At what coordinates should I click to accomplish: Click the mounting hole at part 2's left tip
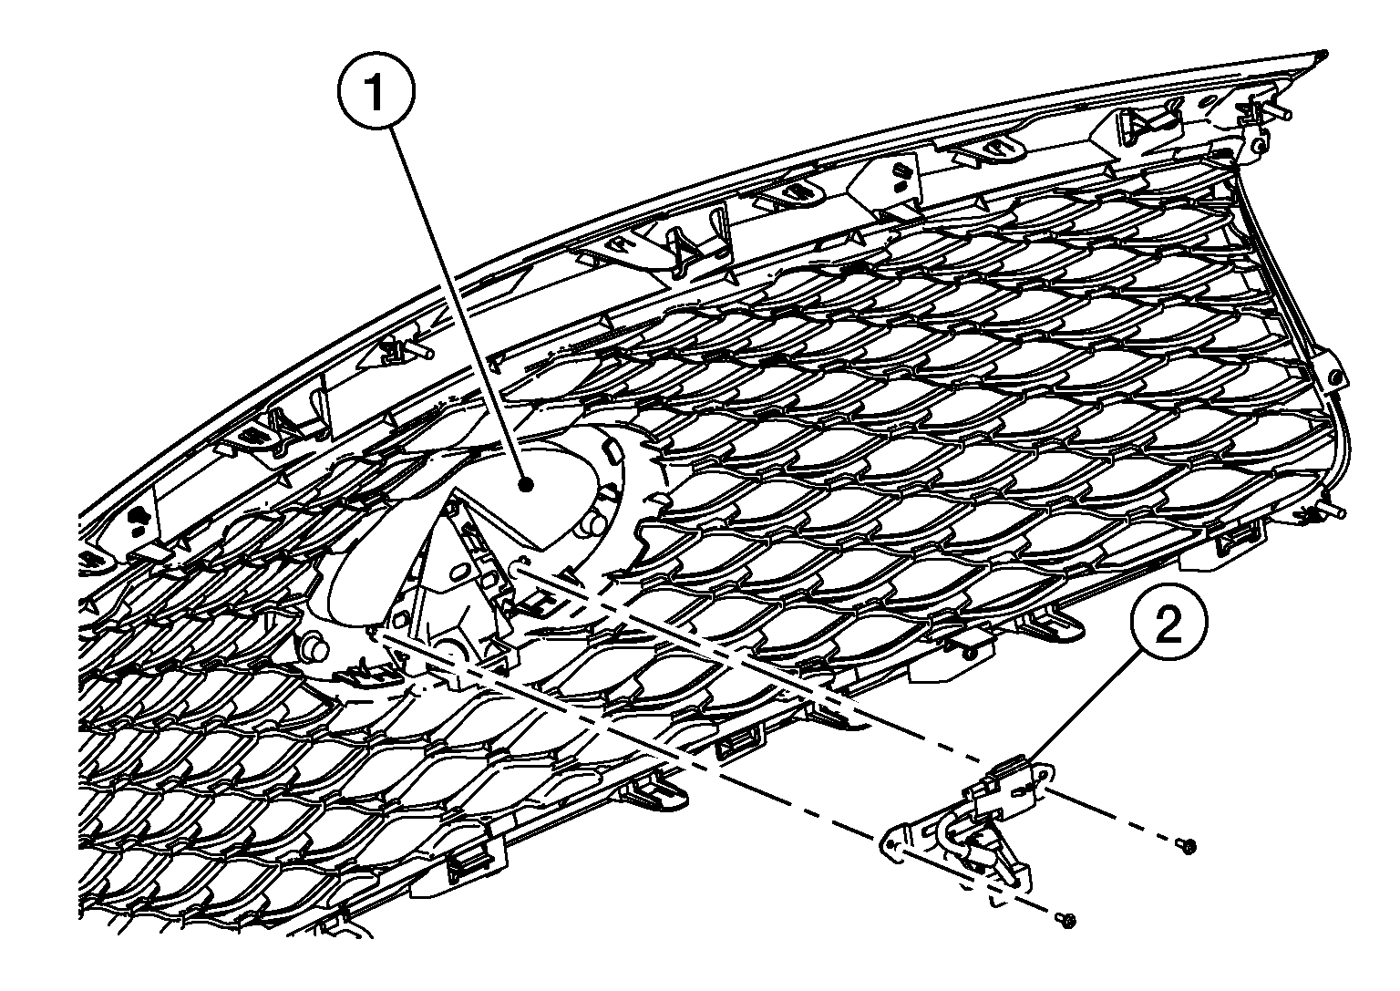coord(891,845)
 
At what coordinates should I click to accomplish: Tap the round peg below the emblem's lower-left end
coord(316,651)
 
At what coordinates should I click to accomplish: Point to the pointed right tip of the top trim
coord(1326,53)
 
